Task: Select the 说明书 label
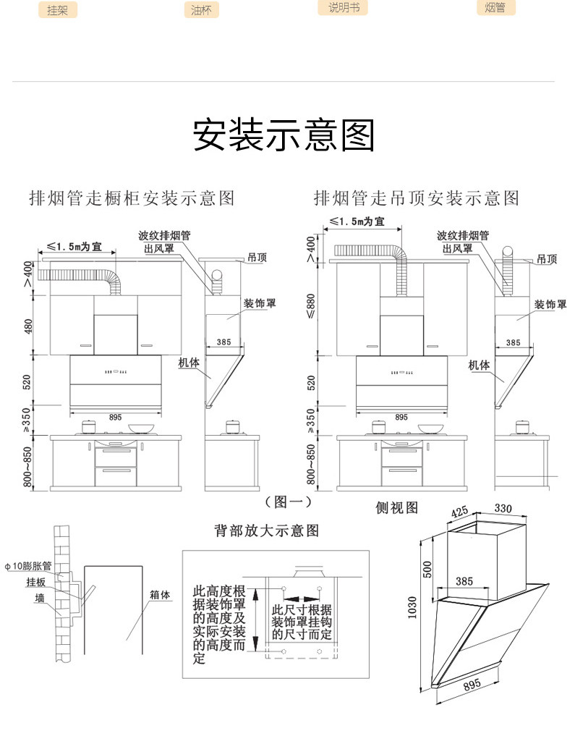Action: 343,8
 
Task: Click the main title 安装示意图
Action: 284,135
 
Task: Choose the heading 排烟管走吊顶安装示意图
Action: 417,197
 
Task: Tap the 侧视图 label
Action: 396,507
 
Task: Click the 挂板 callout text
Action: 35,582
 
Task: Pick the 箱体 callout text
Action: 160,595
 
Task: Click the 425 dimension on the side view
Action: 460,512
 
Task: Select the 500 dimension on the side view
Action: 427,570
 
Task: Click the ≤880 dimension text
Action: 312,307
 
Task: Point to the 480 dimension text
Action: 29,326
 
